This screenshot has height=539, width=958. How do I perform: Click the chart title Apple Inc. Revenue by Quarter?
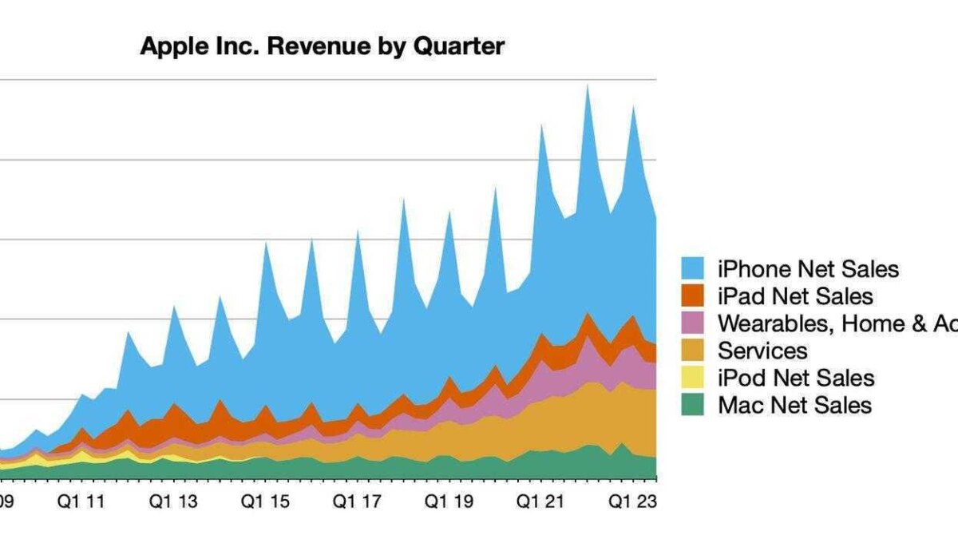click(322, 46)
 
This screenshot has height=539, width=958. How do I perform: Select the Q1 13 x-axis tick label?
click(175, 502)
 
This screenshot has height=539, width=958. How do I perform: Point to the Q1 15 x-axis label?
click(267, 502)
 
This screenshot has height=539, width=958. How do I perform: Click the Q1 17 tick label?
click(357, 502)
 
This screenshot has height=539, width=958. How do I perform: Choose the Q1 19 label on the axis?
click(449, 502)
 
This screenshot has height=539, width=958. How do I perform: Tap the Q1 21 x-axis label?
click(540, 502)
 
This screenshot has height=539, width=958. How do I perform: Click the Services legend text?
click(762, 351)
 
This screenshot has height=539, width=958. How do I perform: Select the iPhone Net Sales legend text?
click(808, 269)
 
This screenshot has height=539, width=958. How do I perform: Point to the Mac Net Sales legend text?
click(794, 405)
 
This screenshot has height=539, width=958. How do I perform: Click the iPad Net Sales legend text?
click(795, 296)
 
